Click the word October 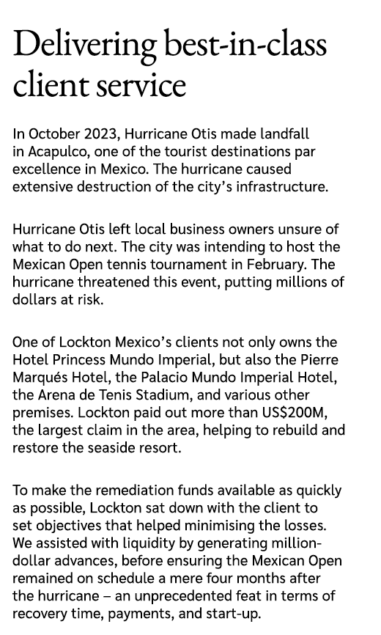(x=53, y=134)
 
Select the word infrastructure (x=281, y=187)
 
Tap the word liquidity (x=130, y=543)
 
